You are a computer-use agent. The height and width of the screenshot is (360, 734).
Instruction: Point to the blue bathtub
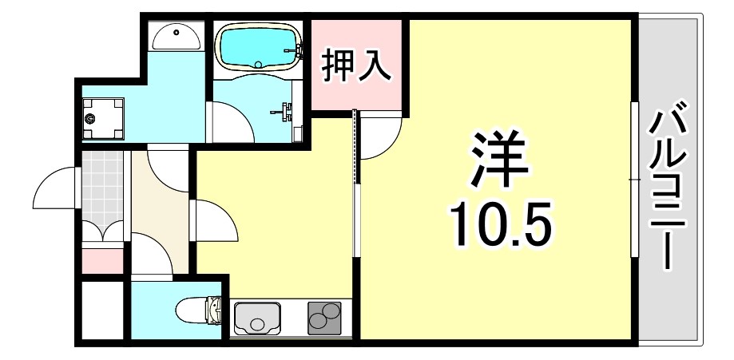click(x=257, y=45)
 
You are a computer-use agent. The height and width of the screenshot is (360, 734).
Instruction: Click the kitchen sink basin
click(x=257, y=318)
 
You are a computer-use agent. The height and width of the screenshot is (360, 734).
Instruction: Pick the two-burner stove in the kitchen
click(x=324, y=318)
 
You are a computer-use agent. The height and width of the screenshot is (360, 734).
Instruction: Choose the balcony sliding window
click(x=634, y=180)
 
